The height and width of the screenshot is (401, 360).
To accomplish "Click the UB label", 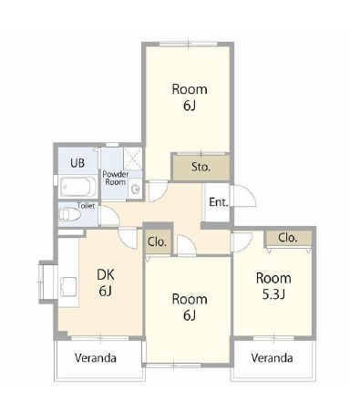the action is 77,163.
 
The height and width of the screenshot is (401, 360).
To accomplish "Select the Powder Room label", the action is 116,179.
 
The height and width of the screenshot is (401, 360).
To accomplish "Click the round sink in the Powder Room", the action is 135,190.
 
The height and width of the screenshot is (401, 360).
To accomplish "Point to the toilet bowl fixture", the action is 69,214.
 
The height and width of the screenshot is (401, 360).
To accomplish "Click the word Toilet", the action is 86,206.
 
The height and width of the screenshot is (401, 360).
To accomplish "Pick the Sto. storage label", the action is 201,167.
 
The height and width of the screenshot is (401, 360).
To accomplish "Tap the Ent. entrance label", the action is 219,202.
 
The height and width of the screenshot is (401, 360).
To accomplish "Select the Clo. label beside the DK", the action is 157,242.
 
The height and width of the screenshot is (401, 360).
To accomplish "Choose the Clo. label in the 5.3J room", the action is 287,238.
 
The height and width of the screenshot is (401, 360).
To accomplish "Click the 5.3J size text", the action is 273,294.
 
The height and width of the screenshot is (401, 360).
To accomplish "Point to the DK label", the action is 106,274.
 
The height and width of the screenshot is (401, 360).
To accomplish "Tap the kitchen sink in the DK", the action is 68,286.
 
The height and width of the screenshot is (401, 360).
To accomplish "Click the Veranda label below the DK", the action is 96,358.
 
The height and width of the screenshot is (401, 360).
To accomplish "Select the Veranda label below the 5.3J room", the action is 272,358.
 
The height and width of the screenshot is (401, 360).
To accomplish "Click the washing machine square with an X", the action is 133,159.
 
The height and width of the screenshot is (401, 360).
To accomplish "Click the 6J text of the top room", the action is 189,106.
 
